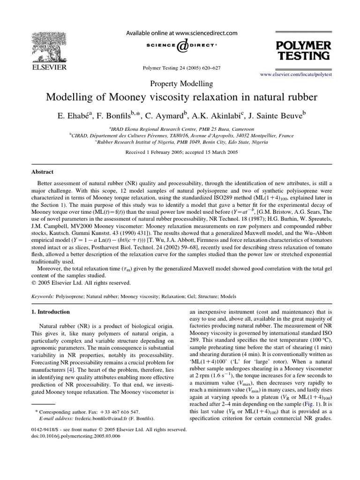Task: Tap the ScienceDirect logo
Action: (x=180, y=46)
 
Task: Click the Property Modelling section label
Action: (x=181, y=84)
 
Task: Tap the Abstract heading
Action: (x=42, y=172)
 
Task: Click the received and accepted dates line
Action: (x=180, y=153)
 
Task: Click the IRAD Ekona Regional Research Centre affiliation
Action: (x=180, y=128)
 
